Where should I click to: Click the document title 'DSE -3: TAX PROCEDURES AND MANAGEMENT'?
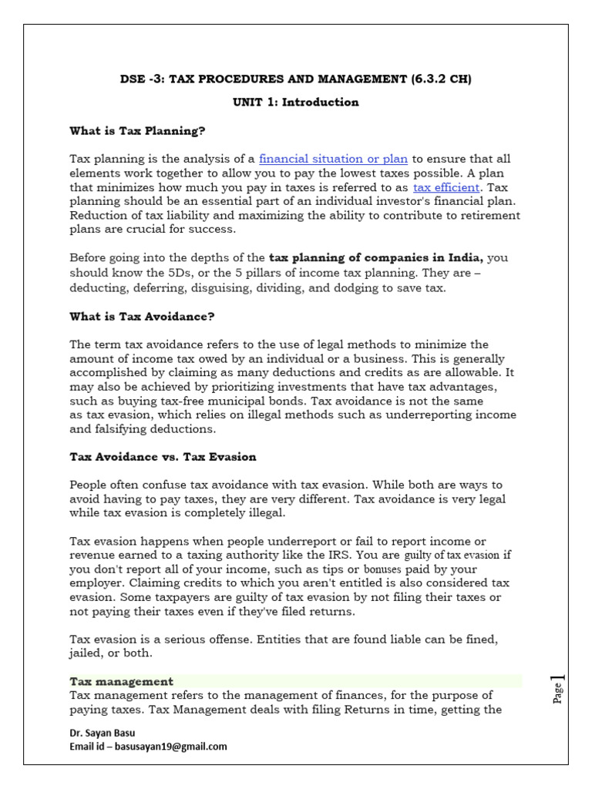[x=297, y=79]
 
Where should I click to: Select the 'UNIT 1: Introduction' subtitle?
[x=297, y=102]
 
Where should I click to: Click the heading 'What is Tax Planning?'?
[x=137, y=131]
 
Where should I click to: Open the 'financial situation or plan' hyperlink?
[x=333, y=159]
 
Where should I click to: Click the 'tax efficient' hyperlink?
[x=446, y=187]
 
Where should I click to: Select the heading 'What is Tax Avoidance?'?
[x=142, y=315]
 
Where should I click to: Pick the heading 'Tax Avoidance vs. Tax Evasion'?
[x=163, y=457]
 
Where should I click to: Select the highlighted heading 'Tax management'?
[x=121, y=681]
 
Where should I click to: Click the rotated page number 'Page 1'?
[x=557, y=687]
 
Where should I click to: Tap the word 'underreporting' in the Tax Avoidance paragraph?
[x=430, y=415]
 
